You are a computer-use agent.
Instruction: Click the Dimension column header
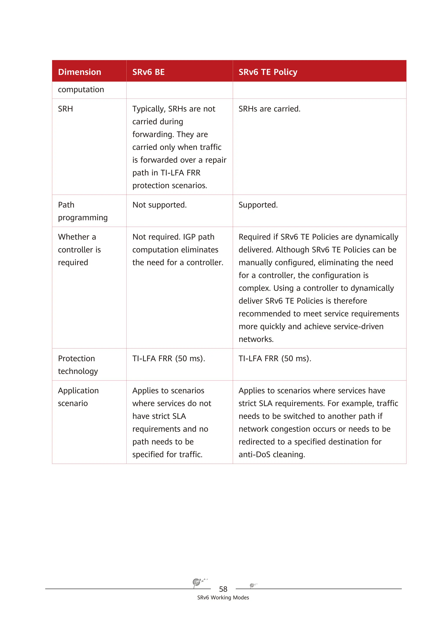(x=79, y=72)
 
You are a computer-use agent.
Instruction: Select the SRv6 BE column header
(x=148, y=72)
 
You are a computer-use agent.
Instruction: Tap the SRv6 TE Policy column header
(x=268, y=72)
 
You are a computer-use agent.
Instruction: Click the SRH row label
(x=65, y=109)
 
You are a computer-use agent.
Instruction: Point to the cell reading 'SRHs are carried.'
(x=269, y=109)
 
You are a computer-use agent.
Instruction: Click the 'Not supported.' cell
(x=159, y=205)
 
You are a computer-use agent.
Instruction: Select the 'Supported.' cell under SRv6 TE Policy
(x=258, y=205)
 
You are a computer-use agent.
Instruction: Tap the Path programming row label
(x=83, y=211)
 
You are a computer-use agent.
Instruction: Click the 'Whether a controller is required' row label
(x=79, y=250)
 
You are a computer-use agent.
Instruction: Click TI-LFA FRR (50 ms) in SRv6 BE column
(x=168, y=358)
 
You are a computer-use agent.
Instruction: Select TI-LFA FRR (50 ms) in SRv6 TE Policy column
(x=275, y=358)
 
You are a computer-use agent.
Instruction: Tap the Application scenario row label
(x=78, y=397)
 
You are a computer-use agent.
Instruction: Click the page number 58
(x=223, y=589)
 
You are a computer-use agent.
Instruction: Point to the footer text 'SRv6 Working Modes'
(x=223, y=598)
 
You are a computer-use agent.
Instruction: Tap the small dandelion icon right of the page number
(x=253, y=585)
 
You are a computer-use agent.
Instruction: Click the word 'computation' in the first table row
(x=81, y=89)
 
